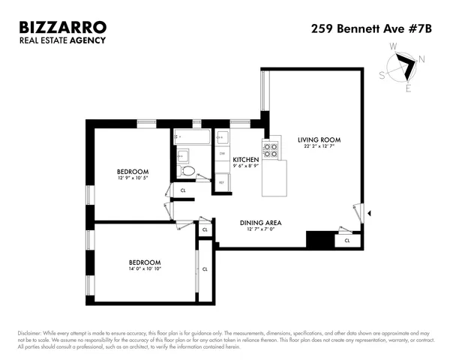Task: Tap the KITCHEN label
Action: click(246, 160)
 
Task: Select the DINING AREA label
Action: click(260, 223)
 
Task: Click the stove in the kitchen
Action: click(270, 150)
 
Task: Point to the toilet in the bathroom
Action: click(188, 171)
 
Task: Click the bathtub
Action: click(193, 136)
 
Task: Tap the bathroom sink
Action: click(183, 156)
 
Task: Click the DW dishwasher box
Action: click(222, 154)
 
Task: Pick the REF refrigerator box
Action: click(222, 181)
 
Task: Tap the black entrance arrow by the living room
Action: click(361, 214)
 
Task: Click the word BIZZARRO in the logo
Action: click(63, 28)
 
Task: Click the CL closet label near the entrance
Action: click(346, 241)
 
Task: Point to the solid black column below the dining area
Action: click(319, 240)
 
